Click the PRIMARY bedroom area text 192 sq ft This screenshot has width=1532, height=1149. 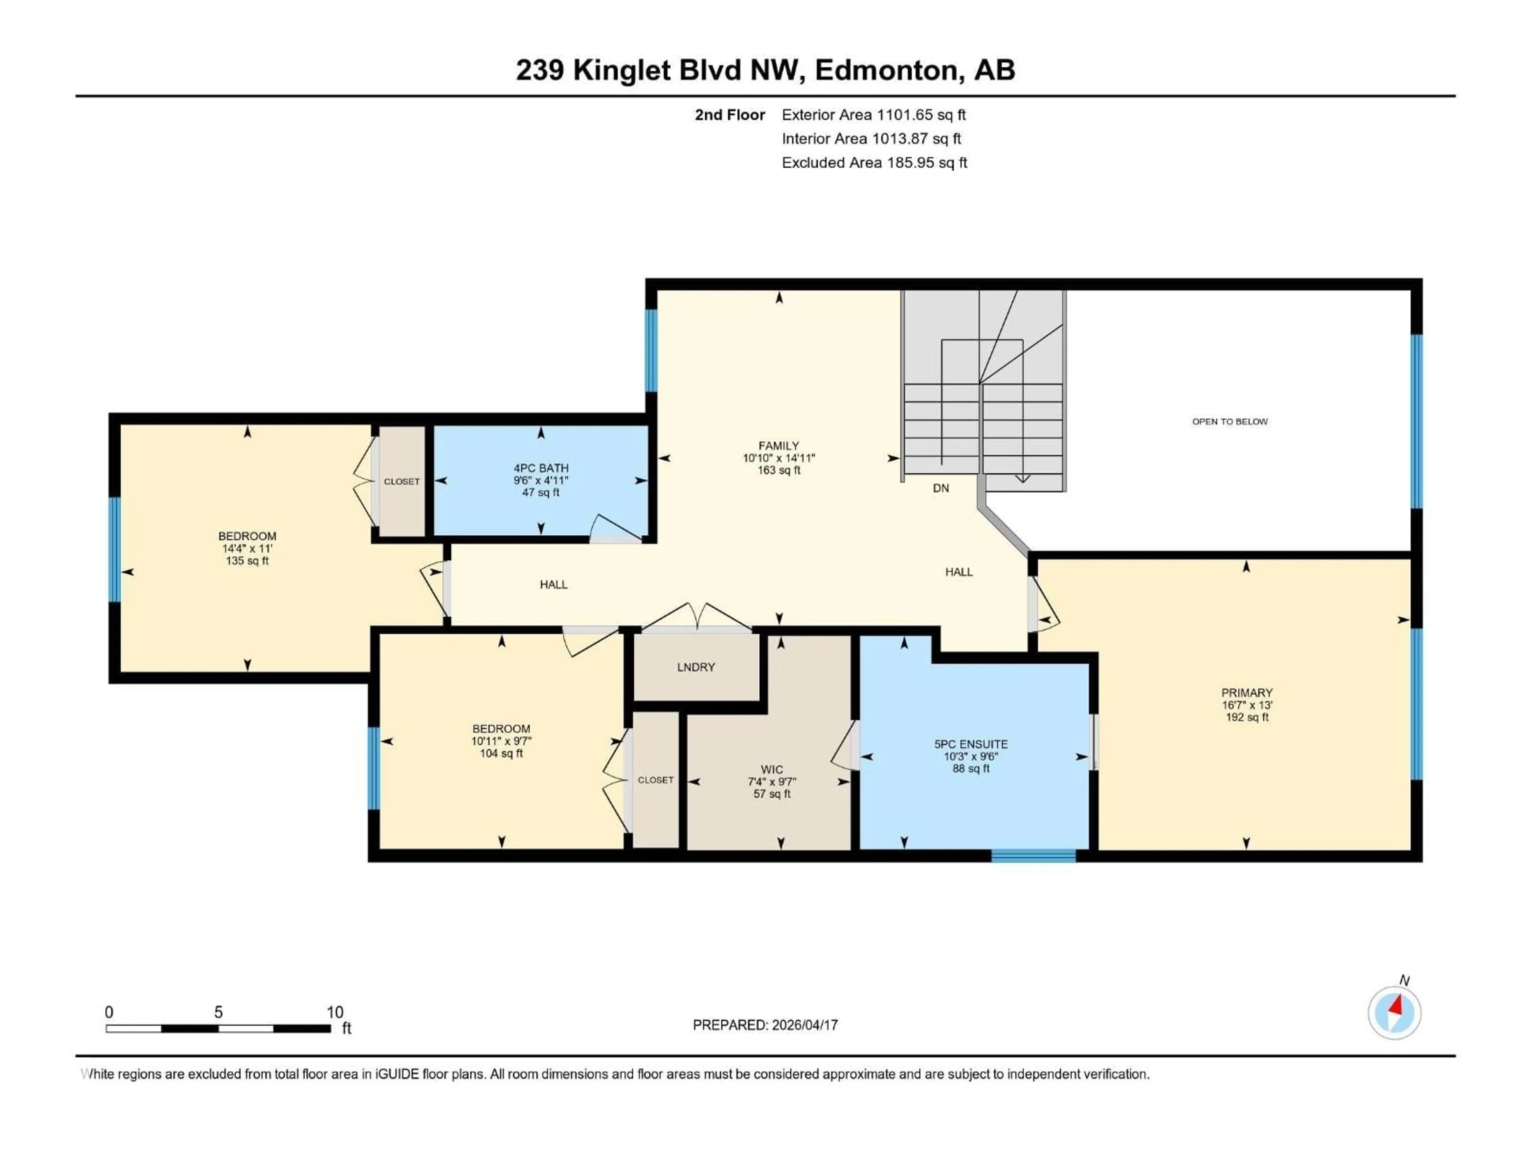1247,717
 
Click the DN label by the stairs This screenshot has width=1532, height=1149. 940,488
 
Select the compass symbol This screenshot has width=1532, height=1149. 1394,1013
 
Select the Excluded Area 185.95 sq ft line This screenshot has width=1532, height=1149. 874,163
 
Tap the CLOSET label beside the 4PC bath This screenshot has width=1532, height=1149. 402,482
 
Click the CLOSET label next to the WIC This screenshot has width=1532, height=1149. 655,780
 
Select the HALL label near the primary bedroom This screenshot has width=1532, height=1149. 959,572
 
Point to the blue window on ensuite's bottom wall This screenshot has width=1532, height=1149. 1033,856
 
